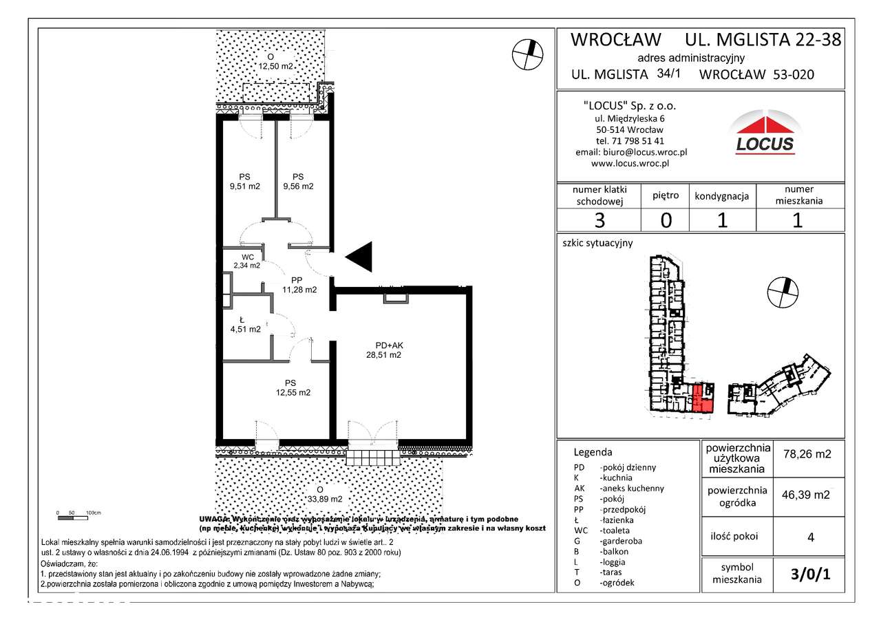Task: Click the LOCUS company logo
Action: [x=765, y=135]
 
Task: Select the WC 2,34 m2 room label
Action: [x=246, y=261]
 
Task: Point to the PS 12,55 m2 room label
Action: [x=292, y=388]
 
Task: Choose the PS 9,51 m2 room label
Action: [x=245, y=181]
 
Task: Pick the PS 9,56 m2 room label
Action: [x=297, y=181]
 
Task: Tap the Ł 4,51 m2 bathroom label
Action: [x=245, y=324]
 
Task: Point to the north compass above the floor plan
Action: [x=527, y=54]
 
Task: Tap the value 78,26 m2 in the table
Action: [x=807, y=454]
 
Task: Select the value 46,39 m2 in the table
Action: [x=807, y=495]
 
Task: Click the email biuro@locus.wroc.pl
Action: [x=631, y=152]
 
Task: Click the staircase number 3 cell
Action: [x=599, y=220]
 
